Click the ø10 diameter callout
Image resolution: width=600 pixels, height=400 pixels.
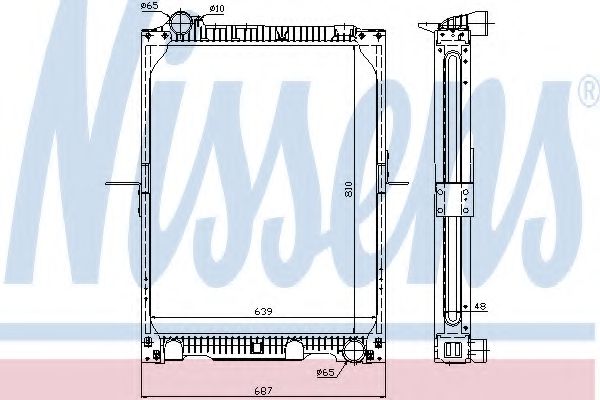(217, 9)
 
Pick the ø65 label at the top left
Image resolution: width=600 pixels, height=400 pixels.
(151, 6)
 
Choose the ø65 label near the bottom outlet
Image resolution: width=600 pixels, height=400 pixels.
(324, 373)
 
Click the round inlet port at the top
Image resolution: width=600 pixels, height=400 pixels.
(181, 22)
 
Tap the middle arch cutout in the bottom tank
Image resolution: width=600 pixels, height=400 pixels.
(295, 350)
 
